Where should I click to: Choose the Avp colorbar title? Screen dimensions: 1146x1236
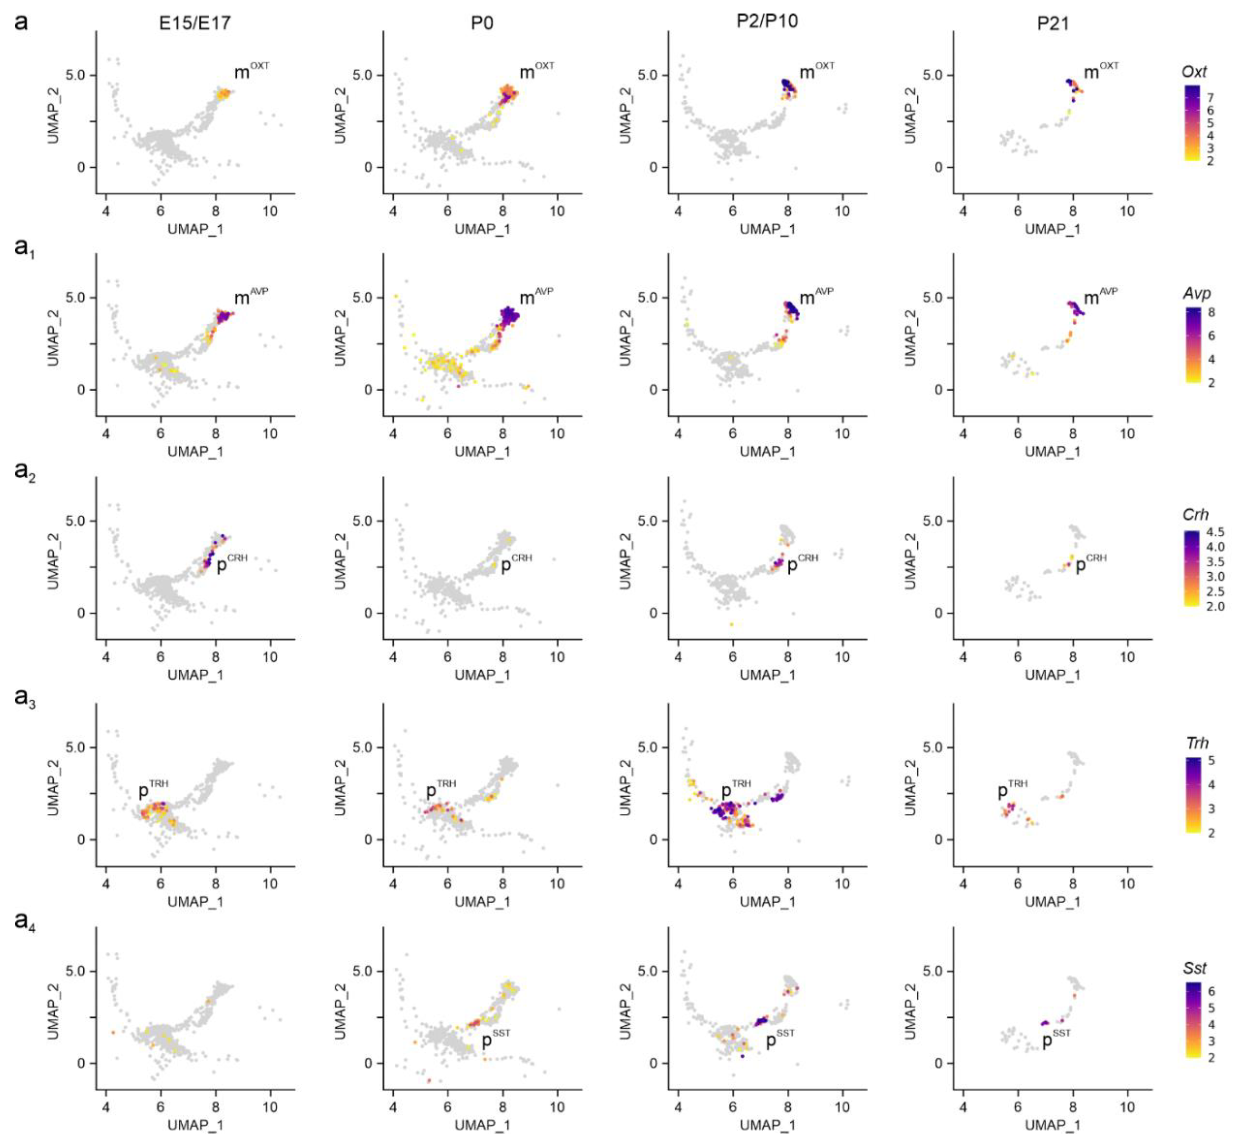(1196, 293)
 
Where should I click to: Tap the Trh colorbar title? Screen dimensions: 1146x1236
(1197, 743)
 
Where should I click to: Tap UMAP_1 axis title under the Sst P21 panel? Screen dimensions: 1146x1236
(1052, 1124)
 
